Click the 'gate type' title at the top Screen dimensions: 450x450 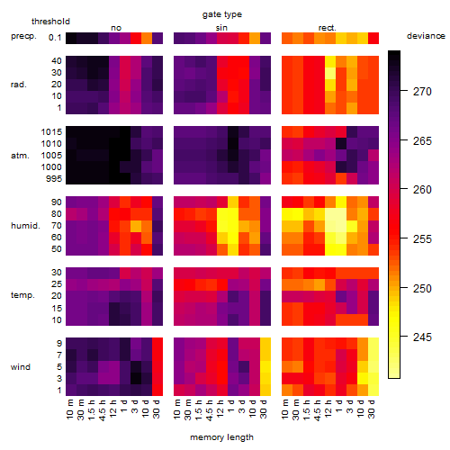222,14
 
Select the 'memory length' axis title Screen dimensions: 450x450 222,437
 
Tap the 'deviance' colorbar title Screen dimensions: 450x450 426,36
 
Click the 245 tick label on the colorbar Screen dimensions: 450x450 422,337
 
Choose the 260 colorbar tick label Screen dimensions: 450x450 422,190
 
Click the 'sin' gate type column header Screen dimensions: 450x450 221,28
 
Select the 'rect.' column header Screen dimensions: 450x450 328,28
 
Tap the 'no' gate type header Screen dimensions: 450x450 116,28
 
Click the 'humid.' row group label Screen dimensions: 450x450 25,226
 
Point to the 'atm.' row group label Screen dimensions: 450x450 20,156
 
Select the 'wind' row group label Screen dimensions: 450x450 21,367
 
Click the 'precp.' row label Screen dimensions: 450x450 23,36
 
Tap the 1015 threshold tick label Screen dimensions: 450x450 51,132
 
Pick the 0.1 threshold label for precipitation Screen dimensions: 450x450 55,38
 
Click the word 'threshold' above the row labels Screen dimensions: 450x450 50,22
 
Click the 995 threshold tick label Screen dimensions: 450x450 54,179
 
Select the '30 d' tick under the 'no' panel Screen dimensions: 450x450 157,409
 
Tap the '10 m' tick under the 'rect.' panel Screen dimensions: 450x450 285,409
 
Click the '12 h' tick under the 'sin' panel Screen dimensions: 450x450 220,409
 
